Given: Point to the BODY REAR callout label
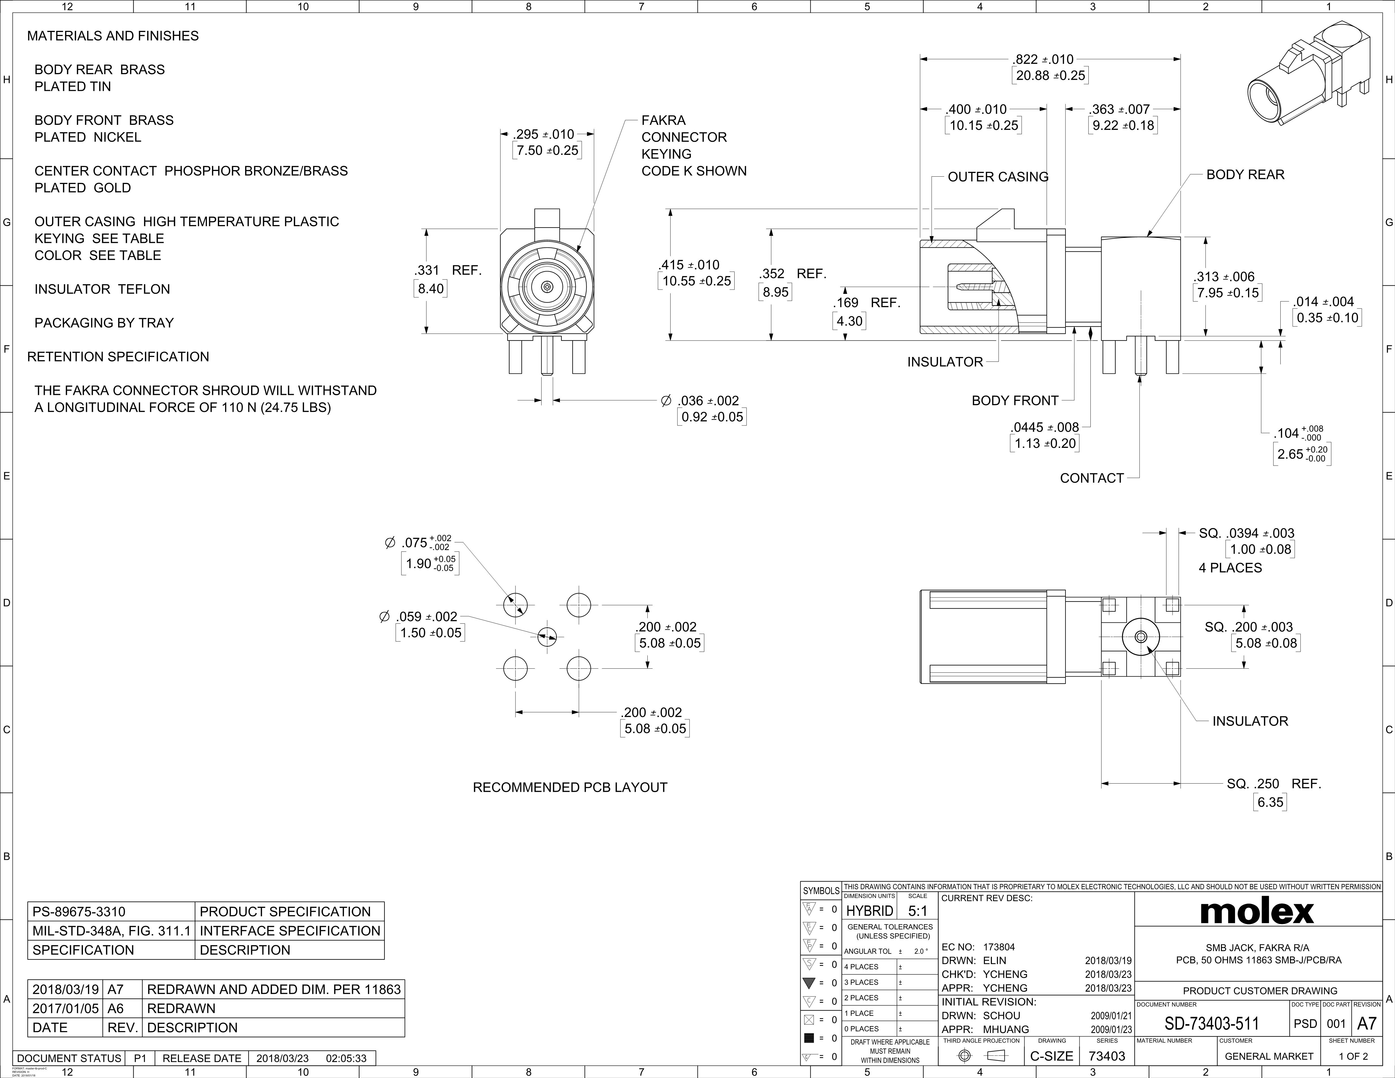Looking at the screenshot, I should [x=1245, y=175].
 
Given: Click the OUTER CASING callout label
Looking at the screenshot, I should [x=998, y=177].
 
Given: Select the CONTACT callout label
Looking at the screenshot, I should [x=1092, y=478].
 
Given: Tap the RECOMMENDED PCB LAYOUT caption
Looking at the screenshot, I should [x=570, y=788].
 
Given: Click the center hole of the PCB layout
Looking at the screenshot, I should [x=547, y=636].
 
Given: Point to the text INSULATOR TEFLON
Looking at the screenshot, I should [x=102, y=289].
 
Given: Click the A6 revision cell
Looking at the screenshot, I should [x=115, y=1008].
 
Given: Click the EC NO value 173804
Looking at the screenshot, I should [x=999, y=947].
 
